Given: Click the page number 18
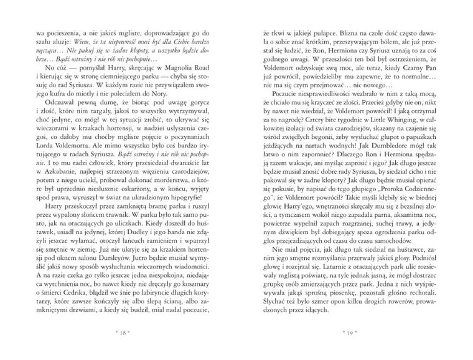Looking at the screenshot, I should pyautogui.click(x=123, y=333).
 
